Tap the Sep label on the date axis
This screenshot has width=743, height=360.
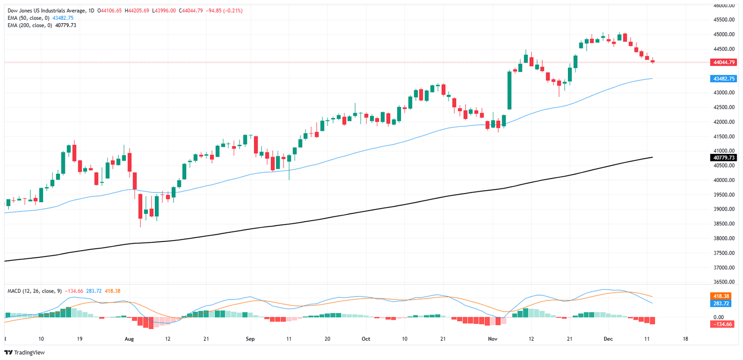tap(250, 339)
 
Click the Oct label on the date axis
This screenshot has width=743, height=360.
tap(366, 339)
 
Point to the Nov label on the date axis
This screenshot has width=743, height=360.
tap(492, 339)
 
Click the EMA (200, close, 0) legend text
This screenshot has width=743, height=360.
tap(30, 25)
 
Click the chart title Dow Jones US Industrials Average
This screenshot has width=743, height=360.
tap(51, 11)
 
